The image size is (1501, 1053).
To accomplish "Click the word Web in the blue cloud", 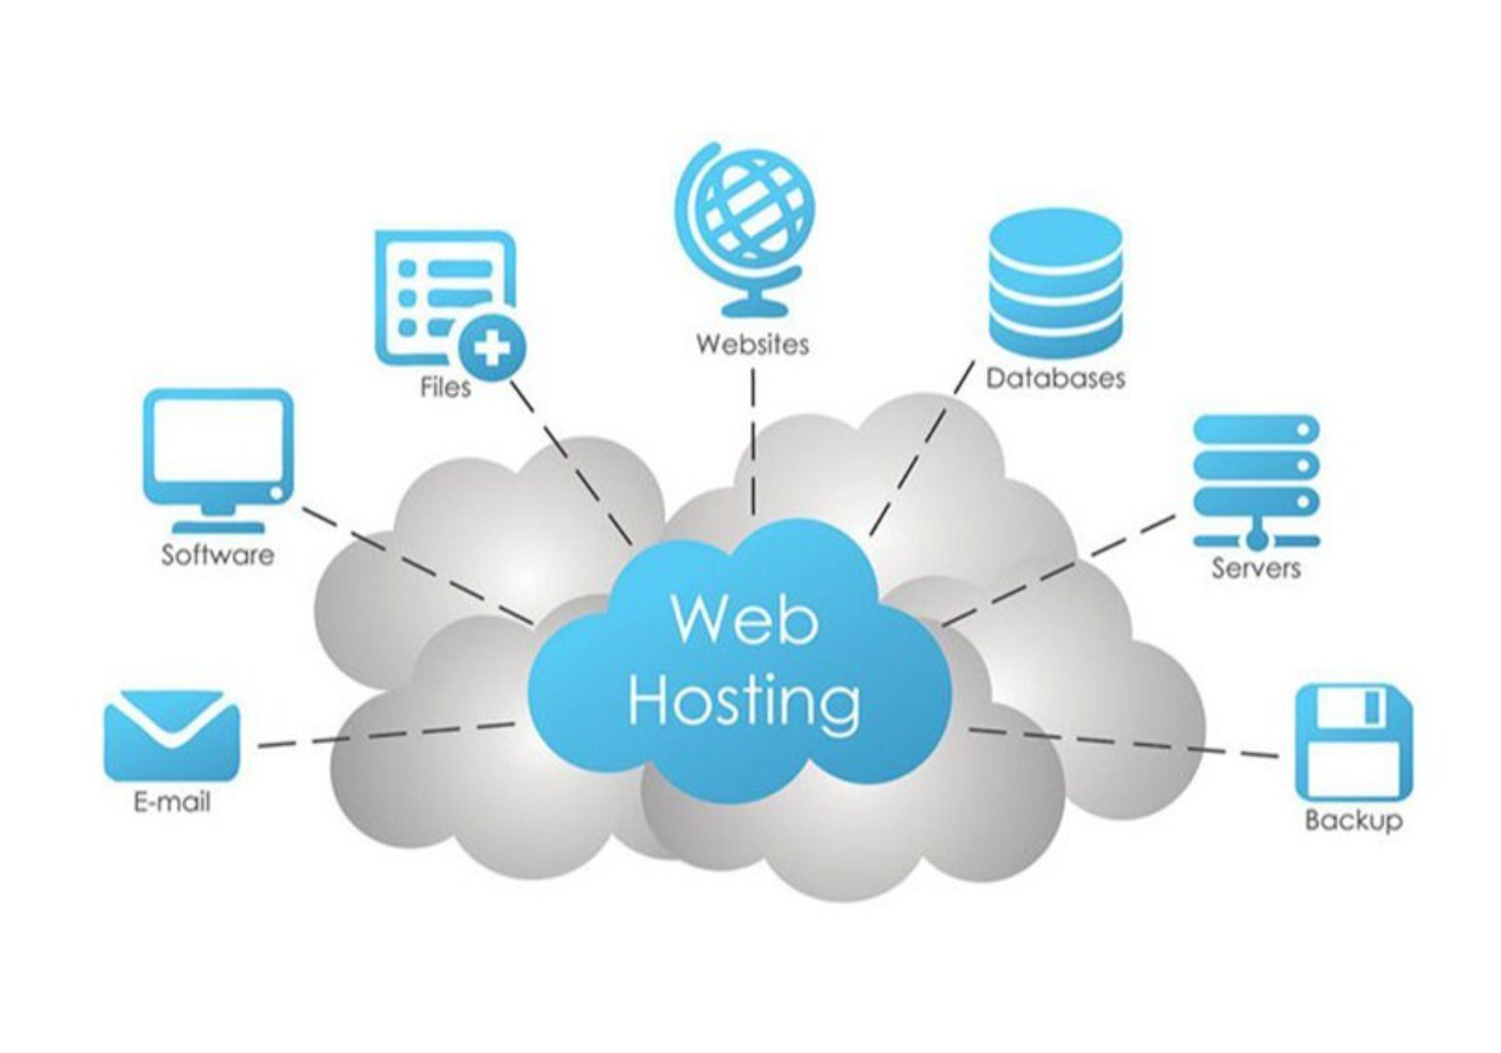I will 744,621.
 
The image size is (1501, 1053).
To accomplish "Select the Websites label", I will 752,344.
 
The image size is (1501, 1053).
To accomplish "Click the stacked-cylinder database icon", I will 1054,282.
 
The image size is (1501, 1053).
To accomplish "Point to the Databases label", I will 1055,378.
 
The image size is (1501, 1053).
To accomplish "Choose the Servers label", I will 1255,568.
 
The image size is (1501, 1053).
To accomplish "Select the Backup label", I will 1352,818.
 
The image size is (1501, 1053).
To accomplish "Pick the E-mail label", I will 172,802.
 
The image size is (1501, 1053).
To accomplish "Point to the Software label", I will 218,555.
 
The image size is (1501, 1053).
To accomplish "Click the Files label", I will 445,387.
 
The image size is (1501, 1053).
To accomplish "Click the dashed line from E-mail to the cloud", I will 386,736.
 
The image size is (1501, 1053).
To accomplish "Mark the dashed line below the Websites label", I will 753,444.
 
